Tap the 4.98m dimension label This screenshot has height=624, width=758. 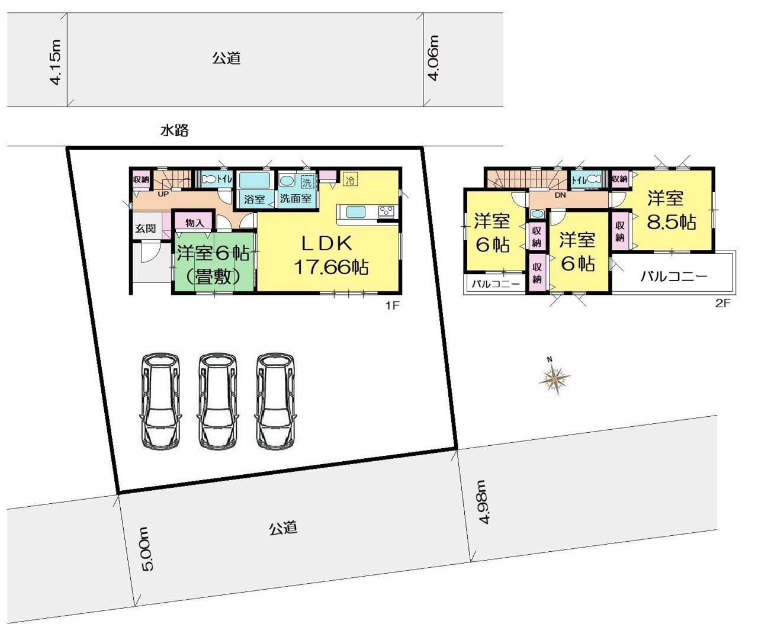(484, 502)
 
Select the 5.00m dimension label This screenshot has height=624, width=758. (148, 549)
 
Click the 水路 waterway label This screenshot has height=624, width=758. (175, 130)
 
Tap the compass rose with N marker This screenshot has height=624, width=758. (554, 379)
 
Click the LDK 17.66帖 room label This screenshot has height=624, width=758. (330, 255)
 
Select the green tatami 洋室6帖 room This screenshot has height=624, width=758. (214, 262)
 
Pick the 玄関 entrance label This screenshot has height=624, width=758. (146, 229)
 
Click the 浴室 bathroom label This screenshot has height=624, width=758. (254, 200)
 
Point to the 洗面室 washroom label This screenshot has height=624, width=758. (296, 198)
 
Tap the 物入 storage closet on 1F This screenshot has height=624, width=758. (195, 223)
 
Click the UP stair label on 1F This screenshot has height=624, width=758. (163, 194)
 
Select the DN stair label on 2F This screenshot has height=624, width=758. (560, 195)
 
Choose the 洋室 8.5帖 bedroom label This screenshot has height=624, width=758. (671, 210)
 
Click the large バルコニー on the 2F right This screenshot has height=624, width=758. (674, 277)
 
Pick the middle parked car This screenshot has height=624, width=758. (217, 402)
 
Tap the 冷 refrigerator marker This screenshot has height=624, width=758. (350, 179)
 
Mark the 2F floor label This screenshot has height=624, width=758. (722, 304)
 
